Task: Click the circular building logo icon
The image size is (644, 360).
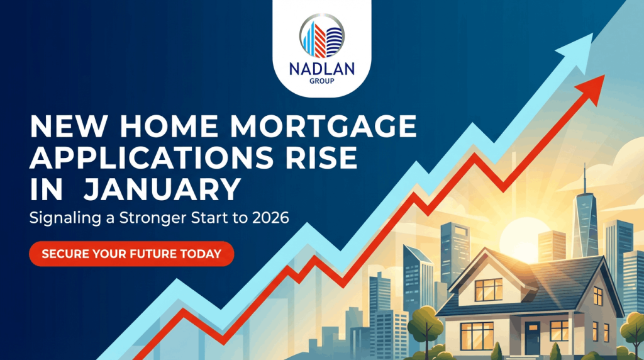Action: [321, 38]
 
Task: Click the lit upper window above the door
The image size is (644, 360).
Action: [488, 289]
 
